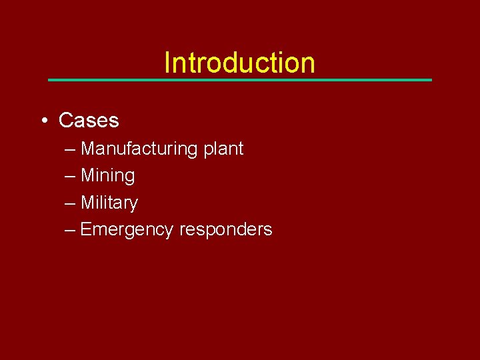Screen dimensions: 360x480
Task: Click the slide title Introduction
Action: (239, 63)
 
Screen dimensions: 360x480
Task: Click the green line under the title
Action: (240, 80)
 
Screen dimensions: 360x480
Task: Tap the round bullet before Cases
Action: (43, 121)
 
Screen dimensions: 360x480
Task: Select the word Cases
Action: (89, 121)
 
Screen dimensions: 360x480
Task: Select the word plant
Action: (223, 149)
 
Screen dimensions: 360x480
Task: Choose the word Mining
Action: (107, 176)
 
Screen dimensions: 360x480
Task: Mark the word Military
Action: (109, 203)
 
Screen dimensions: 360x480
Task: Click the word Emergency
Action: (127, 230)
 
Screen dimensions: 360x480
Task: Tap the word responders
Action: (226, 230)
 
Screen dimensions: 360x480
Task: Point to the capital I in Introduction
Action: (167, 63)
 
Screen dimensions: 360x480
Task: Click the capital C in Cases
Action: (65, 121)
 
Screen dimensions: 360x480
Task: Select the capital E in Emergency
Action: (85, 230)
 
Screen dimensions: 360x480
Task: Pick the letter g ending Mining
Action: (130, 177)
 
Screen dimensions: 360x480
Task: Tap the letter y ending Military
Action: (133, 204)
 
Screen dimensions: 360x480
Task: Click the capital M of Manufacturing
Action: (87, 149)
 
